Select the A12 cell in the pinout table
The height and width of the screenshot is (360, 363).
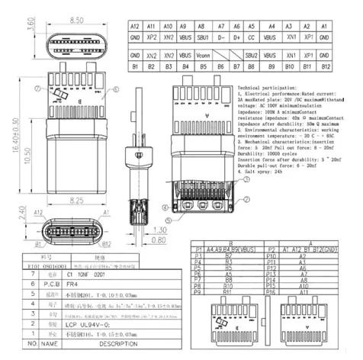pyautogui.click(x=135, y=26)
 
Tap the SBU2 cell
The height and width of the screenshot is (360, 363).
pyautogui.click(x=252, y=56)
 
